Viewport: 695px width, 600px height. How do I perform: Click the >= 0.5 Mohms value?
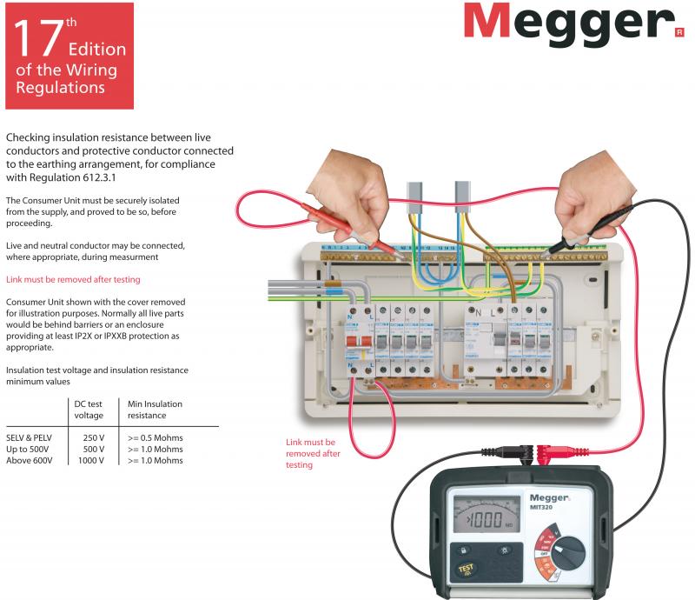point(156,437)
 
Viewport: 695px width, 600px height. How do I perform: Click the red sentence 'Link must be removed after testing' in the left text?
point(73,279)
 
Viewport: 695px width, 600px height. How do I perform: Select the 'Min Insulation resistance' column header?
point(155,410)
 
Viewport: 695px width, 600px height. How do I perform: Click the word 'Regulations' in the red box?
point(60,88)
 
